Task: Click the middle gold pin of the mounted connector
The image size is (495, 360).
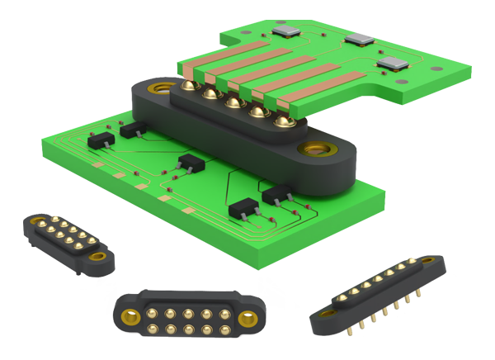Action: point(235,104)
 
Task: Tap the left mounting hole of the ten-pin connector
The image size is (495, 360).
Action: point(129,316)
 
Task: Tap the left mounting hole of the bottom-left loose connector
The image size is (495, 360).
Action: point(37,220)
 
